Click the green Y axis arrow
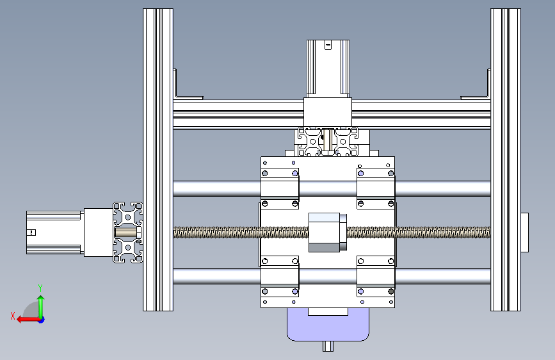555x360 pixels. [41, 307]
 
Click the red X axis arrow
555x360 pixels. [28, 320]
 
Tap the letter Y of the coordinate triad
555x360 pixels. [40, 288]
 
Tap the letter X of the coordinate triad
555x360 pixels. [13, 316]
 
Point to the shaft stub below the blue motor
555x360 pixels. [328, 346]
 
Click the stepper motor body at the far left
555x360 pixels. [55, 233]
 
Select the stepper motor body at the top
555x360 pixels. [328, 69]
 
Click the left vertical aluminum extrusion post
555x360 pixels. [158, 160]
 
